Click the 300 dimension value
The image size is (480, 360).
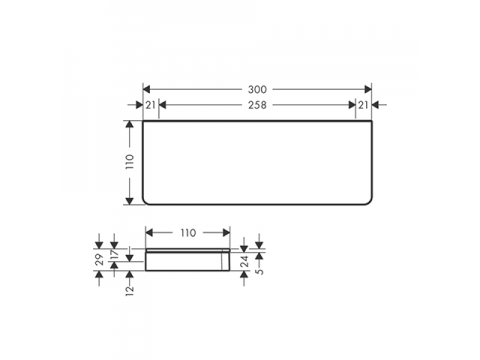pos(257,89)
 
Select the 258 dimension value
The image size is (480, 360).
pos(257,105)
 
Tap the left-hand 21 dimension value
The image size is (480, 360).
pos(150,105)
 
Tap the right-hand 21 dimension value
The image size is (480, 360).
pos(363,105)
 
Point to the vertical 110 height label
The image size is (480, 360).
pos(130,162)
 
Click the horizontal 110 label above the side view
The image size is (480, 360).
pos(188,233)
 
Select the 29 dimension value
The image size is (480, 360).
pos(99,259)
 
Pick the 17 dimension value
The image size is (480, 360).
pos(114,254)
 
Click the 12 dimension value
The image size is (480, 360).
pos(130,290)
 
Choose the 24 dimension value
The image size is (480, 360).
pos(245,261)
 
